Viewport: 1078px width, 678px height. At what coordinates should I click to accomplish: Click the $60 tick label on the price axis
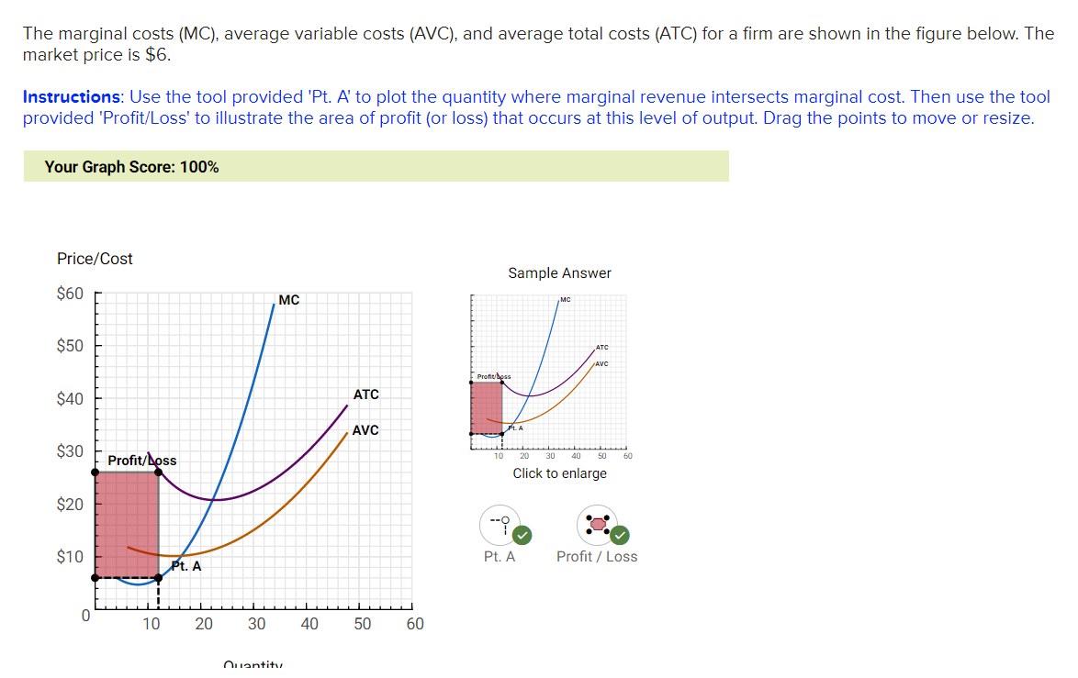70,294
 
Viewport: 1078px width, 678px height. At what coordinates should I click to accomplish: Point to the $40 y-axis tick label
70,399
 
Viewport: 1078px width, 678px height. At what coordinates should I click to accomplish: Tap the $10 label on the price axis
70,557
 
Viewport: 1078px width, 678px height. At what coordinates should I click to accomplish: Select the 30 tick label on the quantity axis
256,625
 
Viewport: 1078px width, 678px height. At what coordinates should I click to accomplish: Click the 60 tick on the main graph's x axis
415,625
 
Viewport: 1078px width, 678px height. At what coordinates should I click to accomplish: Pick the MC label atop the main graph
288,300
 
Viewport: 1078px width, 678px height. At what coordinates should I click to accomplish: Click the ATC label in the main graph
365,395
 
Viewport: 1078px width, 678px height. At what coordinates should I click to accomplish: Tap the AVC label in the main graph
365,430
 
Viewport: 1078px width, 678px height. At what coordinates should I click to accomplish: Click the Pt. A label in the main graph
186,566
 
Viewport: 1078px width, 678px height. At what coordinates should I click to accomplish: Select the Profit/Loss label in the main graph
141,460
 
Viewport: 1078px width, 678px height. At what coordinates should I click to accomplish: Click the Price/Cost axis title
95,259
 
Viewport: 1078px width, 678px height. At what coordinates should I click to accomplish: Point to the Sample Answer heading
559,273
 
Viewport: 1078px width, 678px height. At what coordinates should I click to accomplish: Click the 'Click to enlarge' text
559,473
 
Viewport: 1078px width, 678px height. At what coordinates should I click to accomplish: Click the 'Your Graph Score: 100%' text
131,167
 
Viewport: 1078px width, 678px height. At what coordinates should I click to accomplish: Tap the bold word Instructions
71,97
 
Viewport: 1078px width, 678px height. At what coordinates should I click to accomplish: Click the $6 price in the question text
157,54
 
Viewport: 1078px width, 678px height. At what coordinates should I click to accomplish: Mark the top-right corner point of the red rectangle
159,472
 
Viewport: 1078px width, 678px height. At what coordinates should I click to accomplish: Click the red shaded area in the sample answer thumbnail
486,407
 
